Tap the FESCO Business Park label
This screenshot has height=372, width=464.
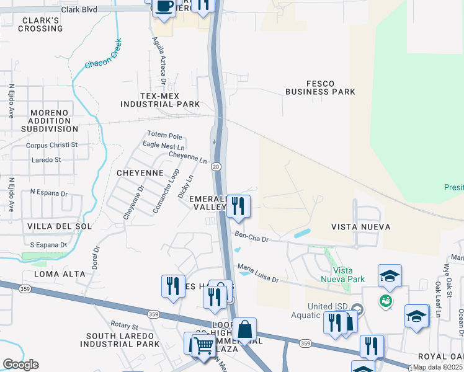pyautogui.click(x=320, y=87)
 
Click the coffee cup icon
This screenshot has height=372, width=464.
pyautogui.click(x=164, y=7)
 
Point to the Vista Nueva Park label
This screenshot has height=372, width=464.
pyautogui.click(x=347, y=275)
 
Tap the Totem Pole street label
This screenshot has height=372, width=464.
pyautogui.click(x=164, y=135)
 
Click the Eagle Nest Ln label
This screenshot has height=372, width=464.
pyautogui.click(x=164, y=147)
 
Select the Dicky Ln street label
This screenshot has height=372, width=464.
pyautogui.click(x=185, y=187)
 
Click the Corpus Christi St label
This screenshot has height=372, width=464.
pyautogui.click(x=51, y=145)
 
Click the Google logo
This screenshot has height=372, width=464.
pyautogui.click(x=20, y=365)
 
